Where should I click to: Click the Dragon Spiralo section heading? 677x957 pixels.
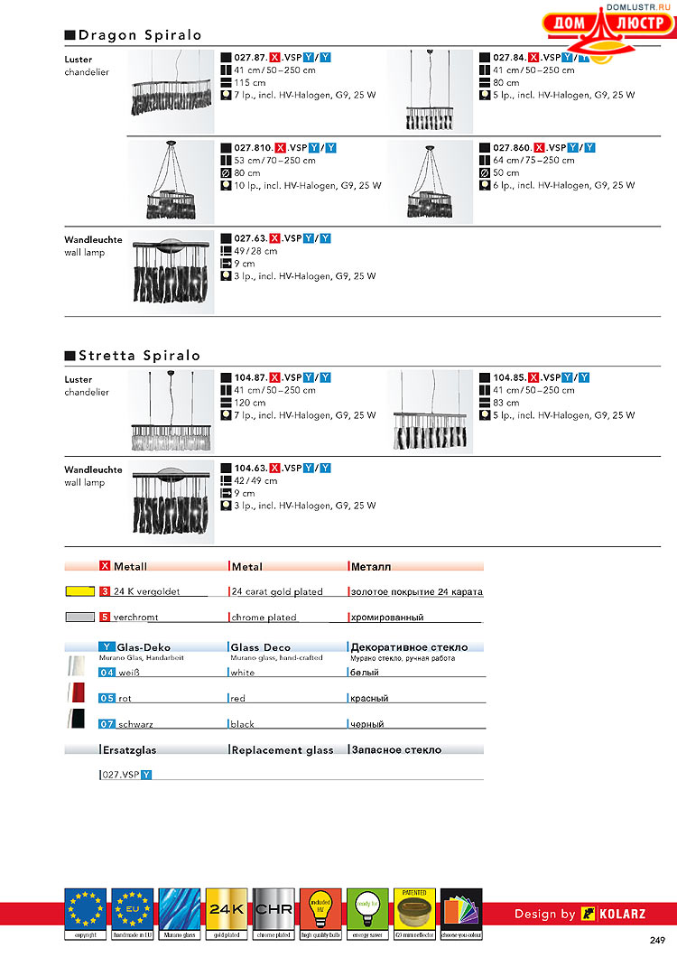[x=139, y=35]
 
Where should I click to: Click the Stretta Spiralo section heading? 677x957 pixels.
[x=139, y=356]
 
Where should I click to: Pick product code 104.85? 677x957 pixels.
[x=509, y=377]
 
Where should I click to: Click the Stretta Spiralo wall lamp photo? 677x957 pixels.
[x=172, y=502]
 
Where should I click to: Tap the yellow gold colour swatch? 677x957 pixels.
[x=80, y=592]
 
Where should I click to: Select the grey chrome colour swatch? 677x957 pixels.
[x=80, y=618]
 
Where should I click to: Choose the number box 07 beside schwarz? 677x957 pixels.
[x=107, y=724]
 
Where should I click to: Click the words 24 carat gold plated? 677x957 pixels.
[x=277, y=592]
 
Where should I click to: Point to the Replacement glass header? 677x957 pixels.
[x=283, y=750]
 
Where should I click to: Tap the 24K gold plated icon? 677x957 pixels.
[x=226, y=911]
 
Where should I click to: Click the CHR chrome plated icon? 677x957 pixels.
[x=273, y=911]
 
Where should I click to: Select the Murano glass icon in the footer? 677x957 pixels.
[x=179, y=911]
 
